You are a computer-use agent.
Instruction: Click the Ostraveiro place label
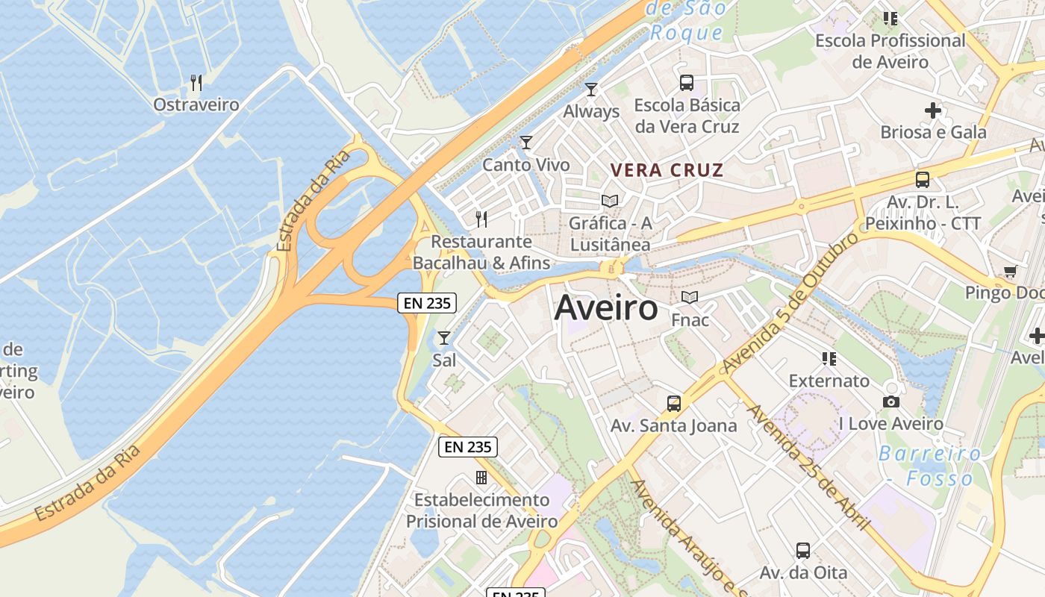click(x=196, y=104)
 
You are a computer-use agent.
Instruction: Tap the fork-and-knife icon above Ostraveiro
click(x=196, y=81)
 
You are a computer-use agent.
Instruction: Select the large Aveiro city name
click(x=606, y=307)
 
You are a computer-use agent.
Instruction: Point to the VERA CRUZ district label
click(x=667, y=170)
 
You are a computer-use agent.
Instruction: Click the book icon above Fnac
click(x=690, y=297)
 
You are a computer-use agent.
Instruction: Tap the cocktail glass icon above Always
click(x=591, y=90)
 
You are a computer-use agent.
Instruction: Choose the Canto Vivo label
click(x=525, y=165)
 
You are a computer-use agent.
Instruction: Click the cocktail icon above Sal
click(x=444, y=338)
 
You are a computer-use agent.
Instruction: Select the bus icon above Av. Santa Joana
click(x=674, y=404)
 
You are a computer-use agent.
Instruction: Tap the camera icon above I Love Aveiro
click(x=890, y=401)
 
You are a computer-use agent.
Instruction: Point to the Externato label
click(x=829, y=381)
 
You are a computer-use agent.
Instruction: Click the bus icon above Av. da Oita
click(x=803, y=551)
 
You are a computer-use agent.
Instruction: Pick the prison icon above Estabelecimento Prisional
click(x=481, y=477)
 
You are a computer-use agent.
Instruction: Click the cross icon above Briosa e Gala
click(x=932, y=110)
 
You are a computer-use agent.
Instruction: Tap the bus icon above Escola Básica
click(x=687, y=83)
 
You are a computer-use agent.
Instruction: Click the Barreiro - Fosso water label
click(x=929, y=466)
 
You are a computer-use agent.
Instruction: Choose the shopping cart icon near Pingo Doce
click(x=1010, y=272)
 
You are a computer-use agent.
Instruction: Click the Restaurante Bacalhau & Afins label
click(x=481, y=252)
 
